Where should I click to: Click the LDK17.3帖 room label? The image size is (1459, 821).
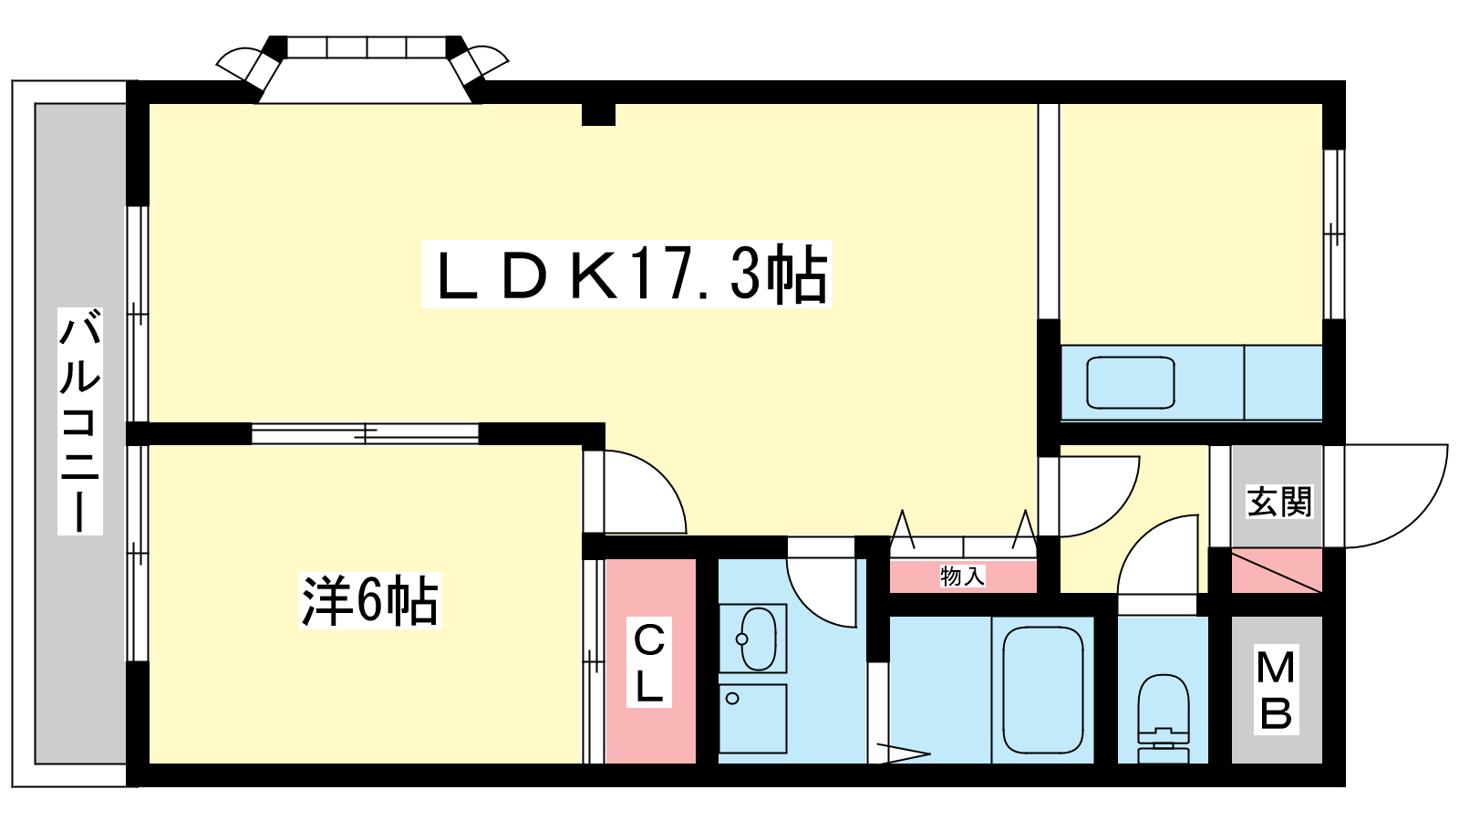[626, 275]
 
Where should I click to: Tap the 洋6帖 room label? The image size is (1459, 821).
[370, 600]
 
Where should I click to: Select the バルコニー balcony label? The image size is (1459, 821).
[80, 421]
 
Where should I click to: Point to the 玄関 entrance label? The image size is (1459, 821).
[1278, 501]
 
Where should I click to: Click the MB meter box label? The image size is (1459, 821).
[1276, 690]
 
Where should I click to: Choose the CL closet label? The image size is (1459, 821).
[648, 662]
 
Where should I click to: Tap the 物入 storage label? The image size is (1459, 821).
[962, 576]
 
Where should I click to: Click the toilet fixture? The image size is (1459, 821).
[1163, 718]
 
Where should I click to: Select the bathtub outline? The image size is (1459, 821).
[1043, 690]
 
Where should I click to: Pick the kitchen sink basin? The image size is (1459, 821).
[1130, 382]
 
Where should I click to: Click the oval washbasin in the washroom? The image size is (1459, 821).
[759, 639]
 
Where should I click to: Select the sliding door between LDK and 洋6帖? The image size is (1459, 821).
[365, 433]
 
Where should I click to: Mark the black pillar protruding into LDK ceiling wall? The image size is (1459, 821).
[598, 114]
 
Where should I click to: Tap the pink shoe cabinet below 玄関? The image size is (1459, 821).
[1276, 571]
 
